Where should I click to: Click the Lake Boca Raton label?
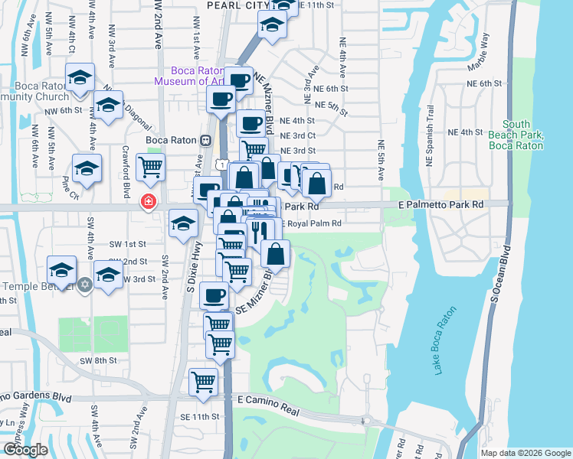click(445, 341)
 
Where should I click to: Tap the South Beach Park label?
click(523, 135)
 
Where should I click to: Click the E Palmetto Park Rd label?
click(440, 205)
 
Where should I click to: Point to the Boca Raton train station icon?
click(205, 140)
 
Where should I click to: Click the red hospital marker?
click(146, 201)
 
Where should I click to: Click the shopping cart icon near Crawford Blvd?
click(151, 166)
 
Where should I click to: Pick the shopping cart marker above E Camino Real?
click(204, 380)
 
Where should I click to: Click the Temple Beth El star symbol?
click(85, 285)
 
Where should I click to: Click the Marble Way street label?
click(478, 57)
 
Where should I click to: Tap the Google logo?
click(25, 450)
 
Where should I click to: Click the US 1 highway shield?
click(221, 164)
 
